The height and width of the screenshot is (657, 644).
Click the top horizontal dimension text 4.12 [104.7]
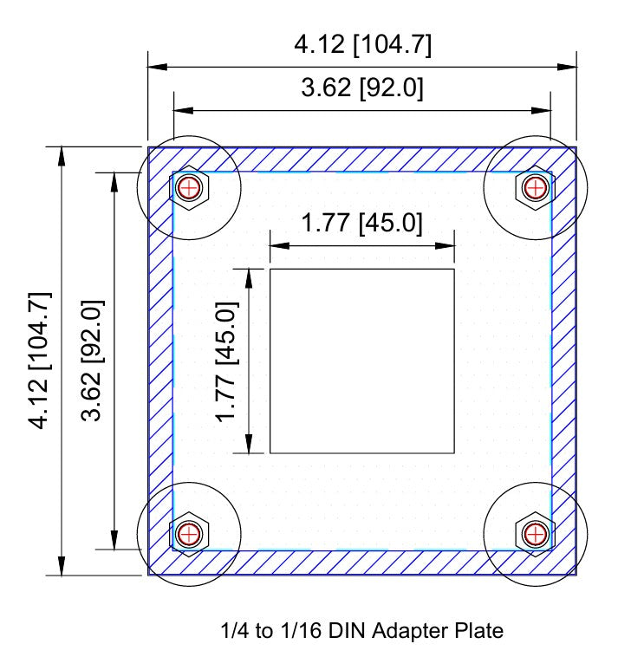(362, 45)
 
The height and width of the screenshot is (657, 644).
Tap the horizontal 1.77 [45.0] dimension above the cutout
(362, 224)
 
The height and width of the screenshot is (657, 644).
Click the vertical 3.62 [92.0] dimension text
(94, 360)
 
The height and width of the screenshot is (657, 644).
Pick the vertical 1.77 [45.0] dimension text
(227, 360)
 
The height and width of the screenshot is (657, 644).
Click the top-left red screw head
(189, 186)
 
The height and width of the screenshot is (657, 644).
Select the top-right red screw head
(536, 186)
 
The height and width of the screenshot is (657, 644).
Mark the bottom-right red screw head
(536, 533)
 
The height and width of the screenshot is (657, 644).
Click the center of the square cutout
(362, 361)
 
